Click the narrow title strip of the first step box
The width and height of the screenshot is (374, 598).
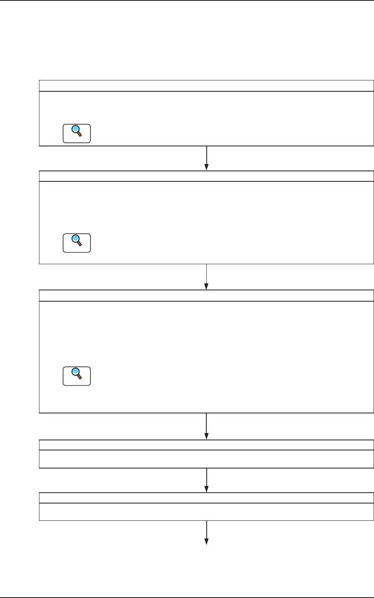tap(206, 86)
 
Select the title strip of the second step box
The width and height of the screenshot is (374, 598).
tap(206, 176)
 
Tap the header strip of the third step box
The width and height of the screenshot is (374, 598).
tap(206, 295)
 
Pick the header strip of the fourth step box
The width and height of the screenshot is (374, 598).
tap(206, 445)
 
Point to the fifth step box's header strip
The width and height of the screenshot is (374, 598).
tap(206, 497)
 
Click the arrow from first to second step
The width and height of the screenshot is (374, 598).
tap(206, 158)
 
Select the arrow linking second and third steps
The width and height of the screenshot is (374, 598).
tap(206, 277)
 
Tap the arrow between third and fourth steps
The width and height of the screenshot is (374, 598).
tap(206, 426)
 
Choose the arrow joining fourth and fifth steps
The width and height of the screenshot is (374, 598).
tap(206, 480)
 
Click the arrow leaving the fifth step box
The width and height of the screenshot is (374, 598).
tap(206, 532)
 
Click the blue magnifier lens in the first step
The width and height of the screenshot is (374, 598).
tap(75, 129)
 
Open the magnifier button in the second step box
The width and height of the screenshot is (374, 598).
tap(77, 243)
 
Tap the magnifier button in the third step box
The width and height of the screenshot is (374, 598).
tap(77, 376)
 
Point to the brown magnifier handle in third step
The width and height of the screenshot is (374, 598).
tap(80, 377)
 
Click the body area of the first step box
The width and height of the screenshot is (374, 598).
tap(225, 119)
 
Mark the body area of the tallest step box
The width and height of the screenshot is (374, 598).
tap(225, 357)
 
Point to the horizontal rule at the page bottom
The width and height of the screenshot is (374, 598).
tap(187, 598)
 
